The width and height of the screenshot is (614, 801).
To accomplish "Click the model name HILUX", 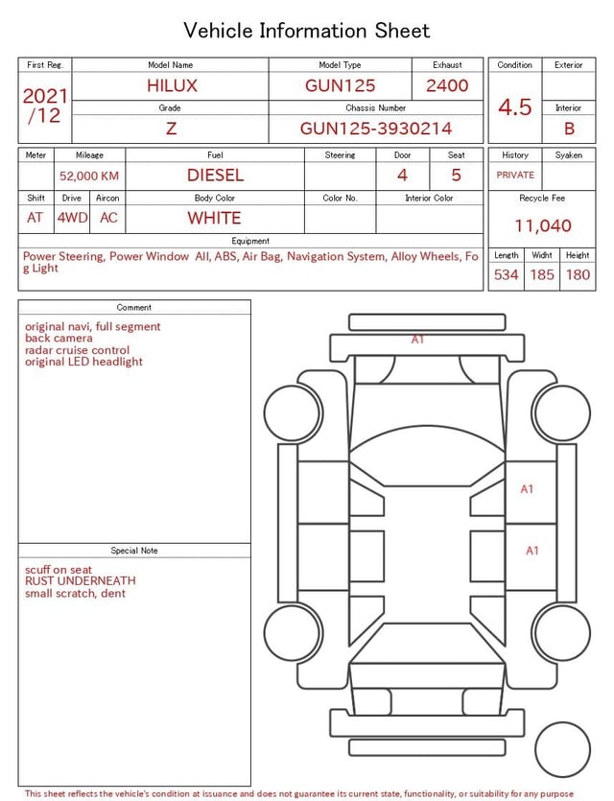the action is (172, 85).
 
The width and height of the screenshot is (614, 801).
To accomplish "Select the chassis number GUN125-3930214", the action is (376, 129).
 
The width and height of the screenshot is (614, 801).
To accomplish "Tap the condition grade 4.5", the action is (515, 106).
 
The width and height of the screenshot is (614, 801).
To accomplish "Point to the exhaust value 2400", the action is (447, 85).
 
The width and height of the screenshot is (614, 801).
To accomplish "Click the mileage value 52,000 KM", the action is (89, 177).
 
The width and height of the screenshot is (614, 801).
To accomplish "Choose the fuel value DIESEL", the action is (215, 176).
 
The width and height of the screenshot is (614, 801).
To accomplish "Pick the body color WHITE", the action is (214, 218).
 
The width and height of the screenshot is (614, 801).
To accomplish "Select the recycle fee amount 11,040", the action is (542, 225).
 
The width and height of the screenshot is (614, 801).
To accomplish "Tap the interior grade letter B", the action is (569, 129).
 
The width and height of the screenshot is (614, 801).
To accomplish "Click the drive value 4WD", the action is (72, 218).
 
